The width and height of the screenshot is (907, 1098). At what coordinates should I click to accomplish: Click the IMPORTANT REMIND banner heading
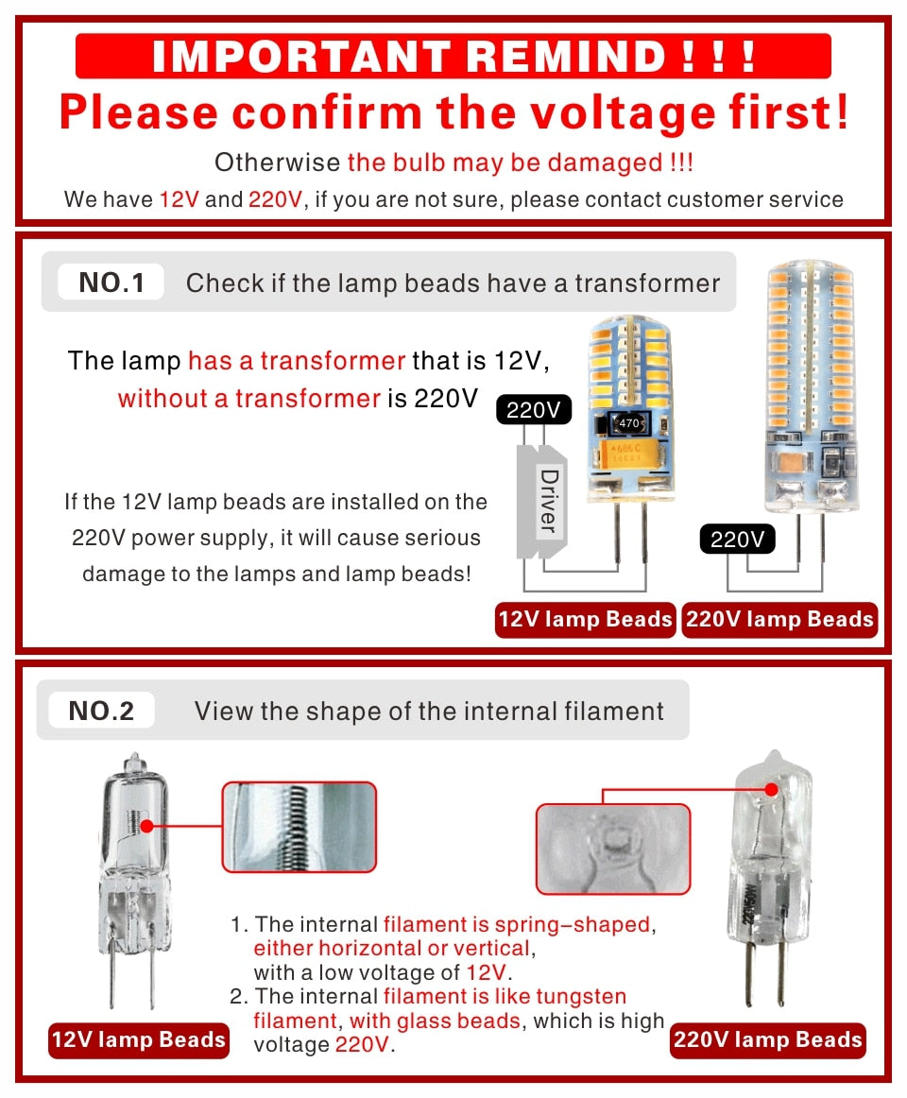tap(453, 56)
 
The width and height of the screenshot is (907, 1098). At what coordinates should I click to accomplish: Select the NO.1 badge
tap(111, 283)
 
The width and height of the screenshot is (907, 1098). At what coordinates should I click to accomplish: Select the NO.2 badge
tap(101, 711)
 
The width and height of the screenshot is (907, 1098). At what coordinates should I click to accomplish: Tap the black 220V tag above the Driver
tap(533, 410)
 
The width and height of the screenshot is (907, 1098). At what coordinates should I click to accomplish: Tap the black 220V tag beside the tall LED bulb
tap(736, 540)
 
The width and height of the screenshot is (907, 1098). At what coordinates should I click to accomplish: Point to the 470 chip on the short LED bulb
tap(628, 422)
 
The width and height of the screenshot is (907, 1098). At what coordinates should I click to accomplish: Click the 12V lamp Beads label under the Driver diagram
tap(585, 620)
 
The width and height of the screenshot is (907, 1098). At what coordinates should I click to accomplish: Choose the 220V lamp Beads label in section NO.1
tap(779, 620)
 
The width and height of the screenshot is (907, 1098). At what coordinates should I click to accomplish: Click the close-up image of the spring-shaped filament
tap(299, 827)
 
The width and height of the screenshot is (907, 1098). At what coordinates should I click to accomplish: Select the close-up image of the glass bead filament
tap(613, 848)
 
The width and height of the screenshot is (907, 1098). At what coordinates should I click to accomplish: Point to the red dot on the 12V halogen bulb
tap(146, 826)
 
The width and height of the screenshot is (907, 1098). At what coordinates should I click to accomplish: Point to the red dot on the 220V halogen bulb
tap(771, 788)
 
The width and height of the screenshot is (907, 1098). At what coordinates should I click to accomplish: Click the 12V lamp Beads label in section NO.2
tap(139, 1040)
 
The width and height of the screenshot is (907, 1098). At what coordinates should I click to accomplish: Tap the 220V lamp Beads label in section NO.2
tap(767, 1040)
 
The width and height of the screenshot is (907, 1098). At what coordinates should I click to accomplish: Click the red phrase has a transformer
tap(297, 361)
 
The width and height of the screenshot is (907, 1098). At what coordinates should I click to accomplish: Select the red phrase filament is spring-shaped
tap(517, 924)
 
